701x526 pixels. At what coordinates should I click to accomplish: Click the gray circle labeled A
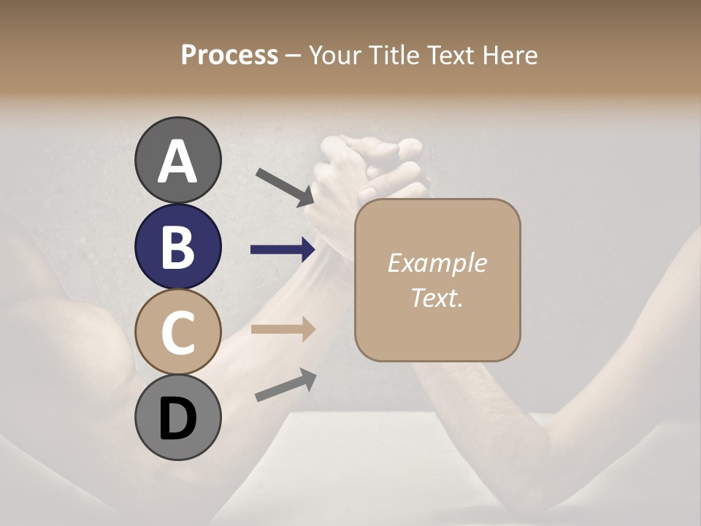pyautogui.click(x=178, y=160)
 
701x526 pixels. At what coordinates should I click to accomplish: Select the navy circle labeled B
pyautogui.click(x=178, y=246)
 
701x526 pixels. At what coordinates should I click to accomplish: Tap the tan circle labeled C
pyautogui.click(x=178, y=332)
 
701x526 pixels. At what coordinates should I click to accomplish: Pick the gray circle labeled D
pyautogui.click(x=178, y=417)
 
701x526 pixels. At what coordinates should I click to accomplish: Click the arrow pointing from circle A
pyautogui.click(x=285, y=187)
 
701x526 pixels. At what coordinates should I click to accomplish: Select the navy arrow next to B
pyautogui.click(x=283, y=250)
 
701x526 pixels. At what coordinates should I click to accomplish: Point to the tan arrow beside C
pyautogui.click(x=283, y=329)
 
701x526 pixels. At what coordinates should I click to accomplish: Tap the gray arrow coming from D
pyautogui.click(x=286, y=385)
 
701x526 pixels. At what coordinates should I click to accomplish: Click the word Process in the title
pyautogui.click(x=229, y=55)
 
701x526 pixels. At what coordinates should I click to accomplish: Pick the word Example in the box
pyautogui.click(x=437, y=263)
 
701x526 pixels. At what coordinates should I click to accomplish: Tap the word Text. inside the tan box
pyautogui.click(x=437, y=297)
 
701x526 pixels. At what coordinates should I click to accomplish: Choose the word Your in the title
pyautogui.click(x=335, y=55)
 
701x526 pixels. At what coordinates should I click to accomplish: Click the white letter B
pyautogui.click(x=177, y=246)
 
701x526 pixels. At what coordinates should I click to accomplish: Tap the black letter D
pyautogui.click(x=177, y=418)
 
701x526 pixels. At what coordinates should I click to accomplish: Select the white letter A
pyautogui.click(x=178, y=161)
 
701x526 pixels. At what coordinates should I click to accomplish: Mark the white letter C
pyautogui.click(x=177, y=332)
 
